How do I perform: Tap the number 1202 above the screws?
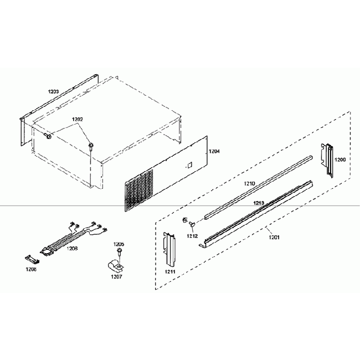[78, 119]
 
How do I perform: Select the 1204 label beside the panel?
[214, 151]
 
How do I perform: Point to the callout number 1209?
[340, 160]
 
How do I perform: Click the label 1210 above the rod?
[250, 183]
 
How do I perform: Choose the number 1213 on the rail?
[259, 203]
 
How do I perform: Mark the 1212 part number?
[192, 235]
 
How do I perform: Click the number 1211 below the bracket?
[170, 272]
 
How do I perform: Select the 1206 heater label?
[72, 249]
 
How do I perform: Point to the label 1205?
[119, 244]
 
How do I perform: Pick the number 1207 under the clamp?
[116, 276]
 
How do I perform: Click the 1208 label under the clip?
[31, 269]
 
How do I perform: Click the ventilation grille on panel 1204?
[138, 188]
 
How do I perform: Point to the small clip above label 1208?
[33, 259]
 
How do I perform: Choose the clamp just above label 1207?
[115, 265]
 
